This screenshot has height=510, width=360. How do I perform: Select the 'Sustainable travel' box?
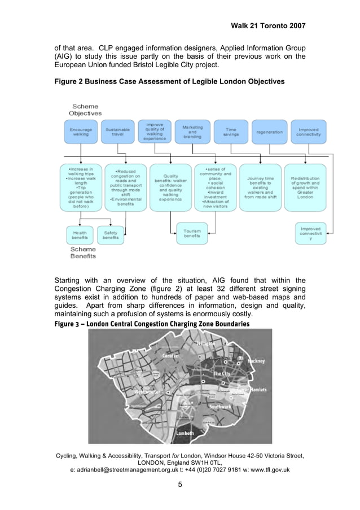[117, 132]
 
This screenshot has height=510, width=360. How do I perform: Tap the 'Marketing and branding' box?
[192, 132]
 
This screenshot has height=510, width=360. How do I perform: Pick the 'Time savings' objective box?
[231, 132]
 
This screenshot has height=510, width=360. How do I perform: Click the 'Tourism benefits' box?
[192, 232]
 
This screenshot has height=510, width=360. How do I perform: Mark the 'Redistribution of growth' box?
[305, 188]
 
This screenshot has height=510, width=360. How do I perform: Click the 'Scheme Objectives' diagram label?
[85, 110]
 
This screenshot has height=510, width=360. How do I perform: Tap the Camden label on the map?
[170, 356]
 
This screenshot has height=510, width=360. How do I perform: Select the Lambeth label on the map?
[185, 433]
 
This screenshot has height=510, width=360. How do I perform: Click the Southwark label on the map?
[220, 407]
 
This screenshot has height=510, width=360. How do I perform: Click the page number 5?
[179, 484]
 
